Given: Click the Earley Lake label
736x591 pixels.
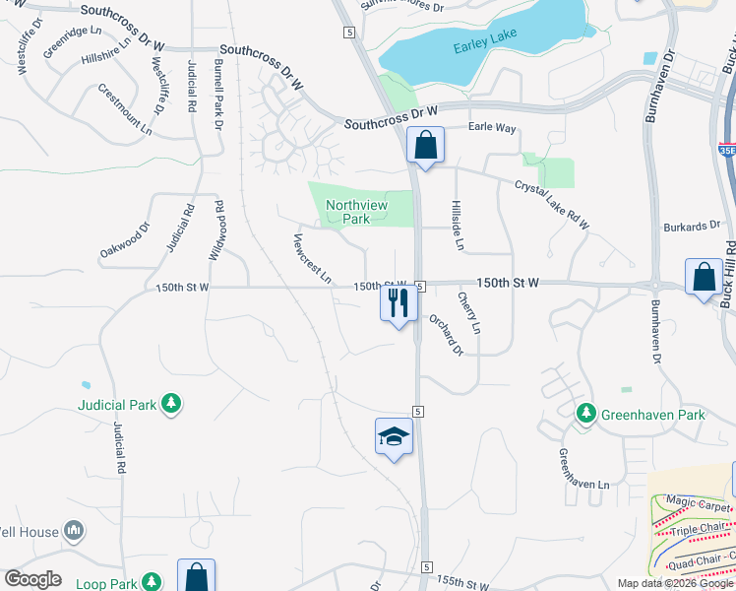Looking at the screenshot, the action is (x=485, y=48).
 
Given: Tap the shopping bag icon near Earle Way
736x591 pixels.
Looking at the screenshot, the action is (x=425, y=147).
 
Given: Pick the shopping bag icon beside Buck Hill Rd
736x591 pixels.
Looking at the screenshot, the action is (x=705, y=278).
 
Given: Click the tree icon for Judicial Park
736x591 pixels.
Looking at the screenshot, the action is (x=172, y=403).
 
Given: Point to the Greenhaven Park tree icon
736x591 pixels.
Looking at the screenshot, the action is (x=586, y=414).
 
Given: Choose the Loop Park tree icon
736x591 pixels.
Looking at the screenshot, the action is (x=151, y=583).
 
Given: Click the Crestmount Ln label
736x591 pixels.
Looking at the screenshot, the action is (x=126, y=109).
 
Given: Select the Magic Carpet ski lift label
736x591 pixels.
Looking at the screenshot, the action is (x=698, y=503).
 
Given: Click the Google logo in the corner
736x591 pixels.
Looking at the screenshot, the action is (x=32, y=579).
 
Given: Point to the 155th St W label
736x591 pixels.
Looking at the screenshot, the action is (x=461, y=583).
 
